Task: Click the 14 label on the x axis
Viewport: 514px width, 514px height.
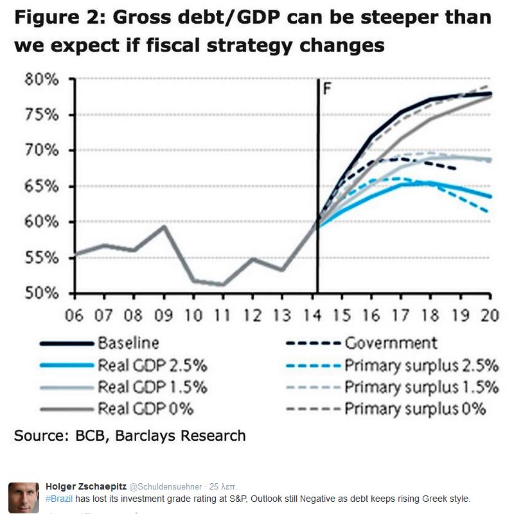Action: point(317,315)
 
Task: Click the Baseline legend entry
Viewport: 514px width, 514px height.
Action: point(128,343)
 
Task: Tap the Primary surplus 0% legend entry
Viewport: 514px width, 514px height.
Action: point(415,409)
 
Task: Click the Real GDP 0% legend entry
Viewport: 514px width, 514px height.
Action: point(145,409)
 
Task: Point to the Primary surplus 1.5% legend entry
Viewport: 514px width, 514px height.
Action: point(421,387)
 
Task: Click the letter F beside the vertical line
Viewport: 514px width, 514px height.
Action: point(326,87)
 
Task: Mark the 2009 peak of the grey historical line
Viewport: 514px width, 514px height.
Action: point(164,226)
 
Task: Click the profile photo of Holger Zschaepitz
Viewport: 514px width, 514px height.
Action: point(24,497)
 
